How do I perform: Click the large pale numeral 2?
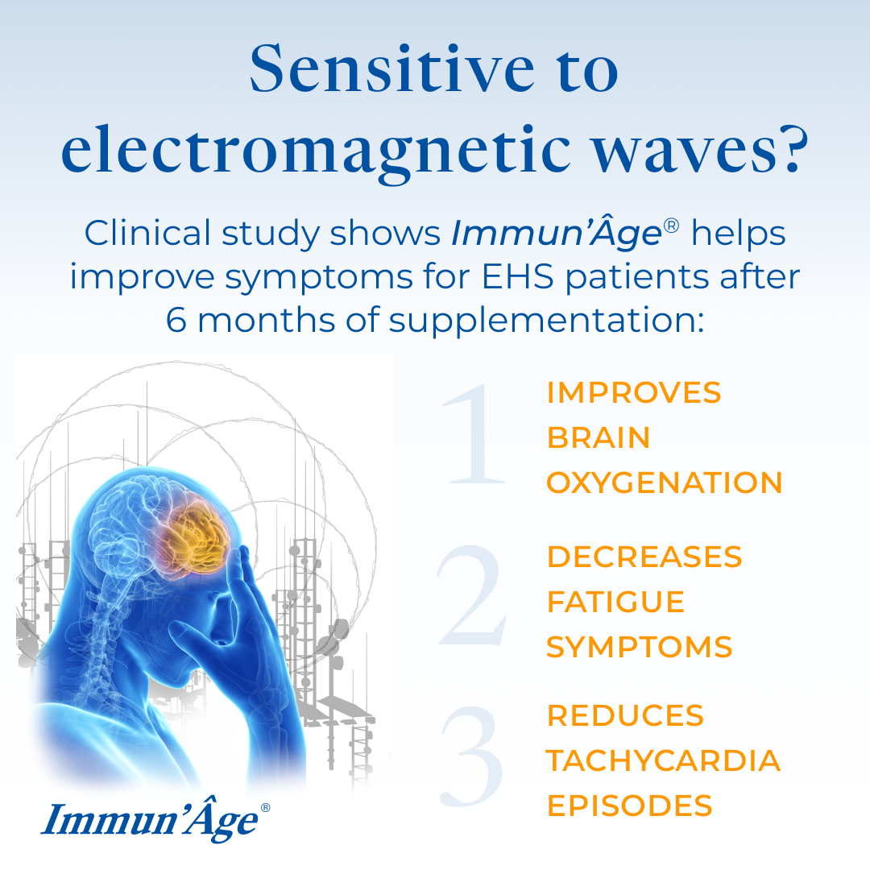coord(473,599)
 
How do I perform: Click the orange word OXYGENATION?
coord(665,483)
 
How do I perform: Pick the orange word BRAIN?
coord(599,438)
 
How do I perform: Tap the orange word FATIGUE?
coord(615,602)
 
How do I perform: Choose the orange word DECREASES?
coord(644,557)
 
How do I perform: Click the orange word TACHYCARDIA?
coord(663,760)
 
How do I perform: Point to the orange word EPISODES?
coord(629,806)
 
